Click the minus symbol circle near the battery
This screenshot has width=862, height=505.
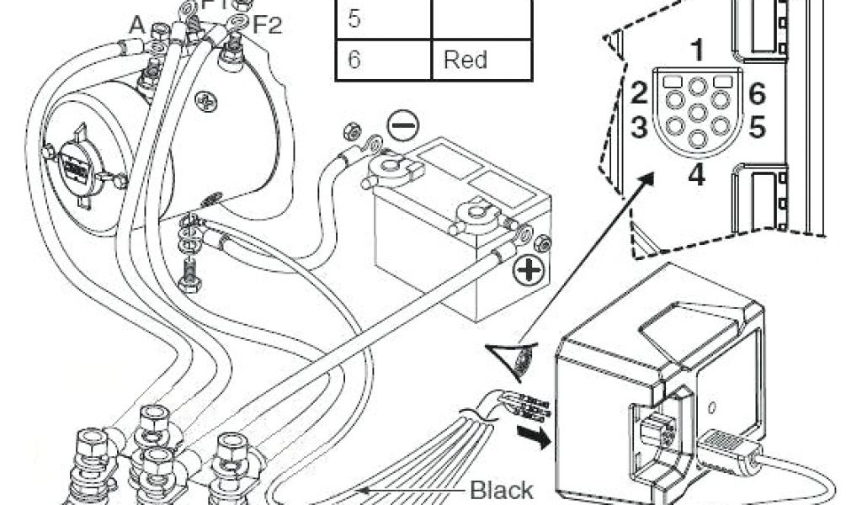coord(402,126)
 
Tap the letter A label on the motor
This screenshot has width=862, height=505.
coord(136,24)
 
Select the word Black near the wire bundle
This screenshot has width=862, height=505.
coord(501,489)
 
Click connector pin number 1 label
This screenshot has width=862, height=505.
coord(696,50)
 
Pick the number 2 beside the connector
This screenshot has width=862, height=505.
coord(639,93)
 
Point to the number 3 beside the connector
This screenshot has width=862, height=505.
coord(639,128)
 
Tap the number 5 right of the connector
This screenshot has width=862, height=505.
coord(756,128)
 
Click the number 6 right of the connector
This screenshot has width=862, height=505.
coord(756,93)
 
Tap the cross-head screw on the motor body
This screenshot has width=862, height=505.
coord(206,103)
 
